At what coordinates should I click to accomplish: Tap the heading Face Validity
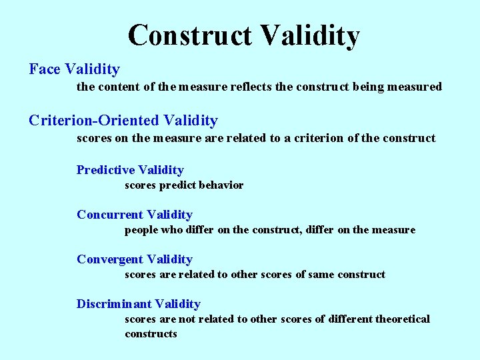pos(74,69)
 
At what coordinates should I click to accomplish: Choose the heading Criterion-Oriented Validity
pos(123,120)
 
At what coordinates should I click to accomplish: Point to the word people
pos(141,230)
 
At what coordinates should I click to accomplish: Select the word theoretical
pos(403,319)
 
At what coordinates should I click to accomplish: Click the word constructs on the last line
pos(151,333)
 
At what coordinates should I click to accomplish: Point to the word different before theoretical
pos(348,319)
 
